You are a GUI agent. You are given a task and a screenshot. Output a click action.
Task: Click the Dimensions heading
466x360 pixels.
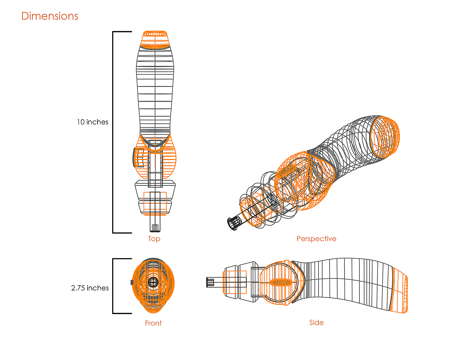click(x=50, y=16)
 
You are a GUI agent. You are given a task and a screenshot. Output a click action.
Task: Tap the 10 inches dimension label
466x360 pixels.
click(x=93, y=122)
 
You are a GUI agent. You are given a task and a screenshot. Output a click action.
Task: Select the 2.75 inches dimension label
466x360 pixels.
click(x=90, y=288)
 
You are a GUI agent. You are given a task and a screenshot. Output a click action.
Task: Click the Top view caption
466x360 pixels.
click(x=154, y=239)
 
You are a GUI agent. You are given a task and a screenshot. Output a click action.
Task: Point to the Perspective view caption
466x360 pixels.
click(x=316, y=239)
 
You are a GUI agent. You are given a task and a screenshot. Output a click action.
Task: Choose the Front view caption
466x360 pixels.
click(x=153, y=323)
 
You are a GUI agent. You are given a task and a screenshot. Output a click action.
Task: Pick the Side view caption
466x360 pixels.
click(x=316, y=322)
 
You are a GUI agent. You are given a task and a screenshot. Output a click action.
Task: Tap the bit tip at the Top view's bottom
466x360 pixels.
click(x=155, y=228)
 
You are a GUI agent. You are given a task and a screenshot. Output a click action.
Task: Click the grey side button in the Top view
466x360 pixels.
click(x=134, y=157)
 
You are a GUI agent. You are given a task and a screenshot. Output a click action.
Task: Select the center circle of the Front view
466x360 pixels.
click(x=153, y=282)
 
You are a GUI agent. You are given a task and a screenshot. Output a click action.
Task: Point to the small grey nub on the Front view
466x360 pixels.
click(x=132, y=282)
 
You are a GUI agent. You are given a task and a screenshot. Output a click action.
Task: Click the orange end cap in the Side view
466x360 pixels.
click(x=399, y=290)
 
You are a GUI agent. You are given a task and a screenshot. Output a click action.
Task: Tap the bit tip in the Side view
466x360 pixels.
click(x=210, y=282)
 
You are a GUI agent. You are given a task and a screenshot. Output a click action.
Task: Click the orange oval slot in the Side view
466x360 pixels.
click(x=280, y=282)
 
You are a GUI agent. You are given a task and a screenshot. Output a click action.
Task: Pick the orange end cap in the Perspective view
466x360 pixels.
click(x=385, y=137)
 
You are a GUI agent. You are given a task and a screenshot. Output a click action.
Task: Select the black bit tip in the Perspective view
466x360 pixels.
click(x=234, y=224)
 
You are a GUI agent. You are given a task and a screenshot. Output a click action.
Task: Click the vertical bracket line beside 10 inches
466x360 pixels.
click(x=113, y=132)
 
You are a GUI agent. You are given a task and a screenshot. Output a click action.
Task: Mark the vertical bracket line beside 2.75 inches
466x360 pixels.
click(x=113, y=286)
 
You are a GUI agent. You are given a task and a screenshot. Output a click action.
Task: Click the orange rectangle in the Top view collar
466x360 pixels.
click(x=155, y=204)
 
